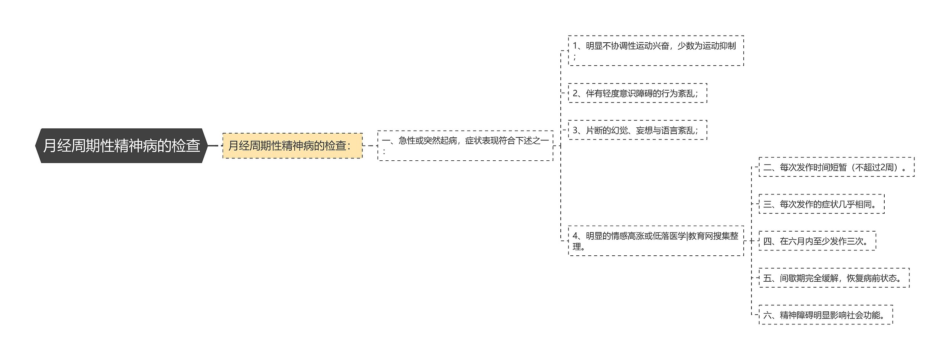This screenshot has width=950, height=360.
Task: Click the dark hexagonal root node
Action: [121, 145]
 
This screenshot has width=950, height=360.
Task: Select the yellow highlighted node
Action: [292, 145]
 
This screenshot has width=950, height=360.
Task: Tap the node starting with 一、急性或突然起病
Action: [465, 145]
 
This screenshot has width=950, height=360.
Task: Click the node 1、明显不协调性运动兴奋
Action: [656, 51]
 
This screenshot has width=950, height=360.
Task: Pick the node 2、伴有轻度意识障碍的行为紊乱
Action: [637, 93]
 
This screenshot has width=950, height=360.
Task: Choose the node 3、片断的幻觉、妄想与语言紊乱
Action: [637, 130]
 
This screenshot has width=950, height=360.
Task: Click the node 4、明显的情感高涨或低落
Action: [656, 240]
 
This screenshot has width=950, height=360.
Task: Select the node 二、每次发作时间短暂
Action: [836, 167]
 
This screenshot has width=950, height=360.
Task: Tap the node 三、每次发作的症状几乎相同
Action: [821, 204]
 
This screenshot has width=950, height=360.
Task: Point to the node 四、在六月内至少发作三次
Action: [817, 241]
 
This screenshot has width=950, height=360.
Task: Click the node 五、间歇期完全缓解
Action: [834, 278]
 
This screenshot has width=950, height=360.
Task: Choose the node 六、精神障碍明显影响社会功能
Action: [826, 315]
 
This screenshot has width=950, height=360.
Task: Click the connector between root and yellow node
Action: [214, 145]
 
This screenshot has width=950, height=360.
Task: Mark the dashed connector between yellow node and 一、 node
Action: [370, 145]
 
